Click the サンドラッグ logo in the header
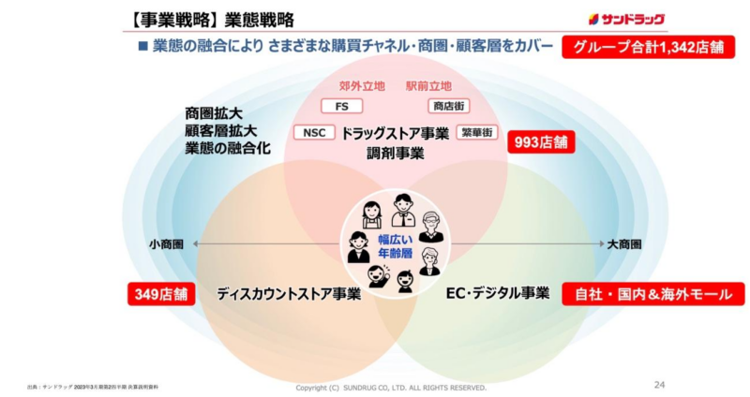(x=627, y=18)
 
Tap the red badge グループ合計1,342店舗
(x=647, y=47)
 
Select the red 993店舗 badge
(x=541, y=142)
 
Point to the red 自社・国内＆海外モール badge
(x=652, y=294)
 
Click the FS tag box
(x=341, y=106)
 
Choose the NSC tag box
(x=314, y=132)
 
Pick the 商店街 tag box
(x=448, y=106)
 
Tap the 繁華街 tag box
(x=475, y=132)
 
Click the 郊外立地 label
(x=361, y=86)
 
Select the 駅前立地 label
(x=428, y=86)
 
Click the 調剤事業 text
(x=395, y=152)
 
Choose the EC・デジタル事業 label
(x=497, y=293)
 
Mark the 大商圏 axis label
(x=623, y=244)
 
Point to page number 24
(x=659, y=384)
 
